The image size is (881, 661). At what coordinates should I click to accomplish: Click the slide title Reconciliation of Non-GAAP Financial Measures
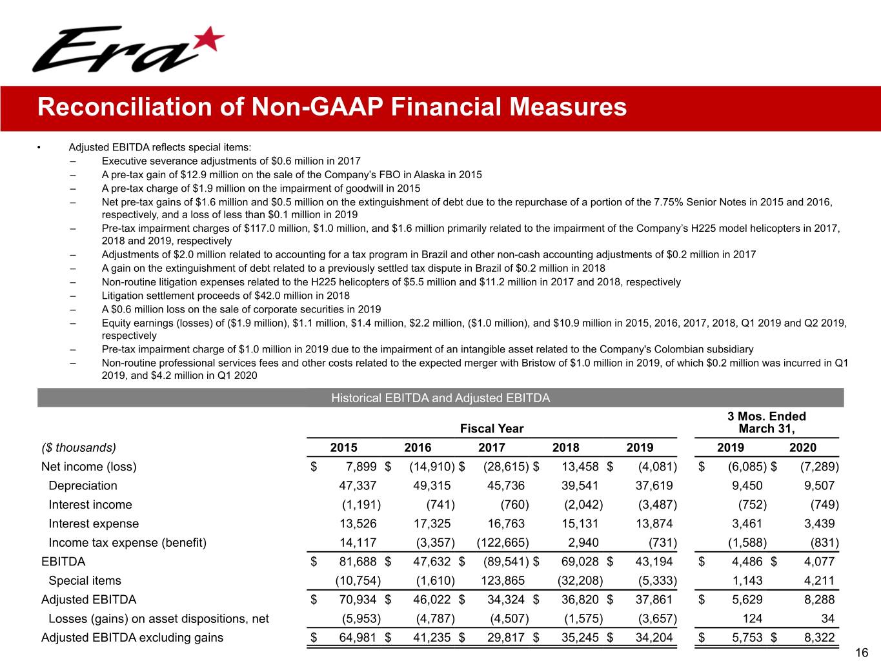(x=332, y=107)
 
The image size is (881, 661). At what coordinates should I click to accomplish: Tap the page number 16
(x=861, y=653)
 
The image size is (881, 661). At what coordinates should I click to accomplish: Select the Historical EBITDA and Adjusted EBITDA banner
(x=440, y=398)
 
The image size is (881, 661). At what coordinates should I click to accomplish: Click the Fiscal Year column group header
(x=491, y=429)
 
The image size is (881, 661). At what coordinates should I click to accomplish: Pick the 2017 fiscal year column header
(x=491, y=447)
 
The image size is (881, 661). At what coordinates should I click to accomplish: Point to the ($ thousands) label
(x=79, y=447)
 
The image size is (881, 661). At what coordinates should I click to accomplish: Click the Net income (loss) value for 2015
(x=358, y=467)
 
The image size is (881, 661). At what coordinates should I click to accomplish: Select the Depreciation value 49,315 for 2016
(x=432, y=485)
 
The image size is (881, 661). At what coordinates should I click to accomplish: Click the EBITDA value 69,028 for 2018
(x=580, y=562)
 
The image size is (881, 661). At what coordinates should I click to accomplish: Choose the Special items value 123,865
(x=503, y=580)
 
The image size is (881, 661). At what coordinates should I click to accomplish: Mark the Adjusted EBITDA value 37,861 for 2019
(x=654, y=600)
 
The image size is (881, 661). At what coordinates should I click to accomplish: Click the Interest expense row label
(x=94, y=524)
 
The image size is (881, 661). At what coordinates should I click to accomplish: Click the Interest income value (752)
(x=749, y=505)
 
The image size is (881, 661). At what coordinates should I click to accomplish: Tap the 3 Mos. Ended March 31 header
(x=766, y=423)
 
